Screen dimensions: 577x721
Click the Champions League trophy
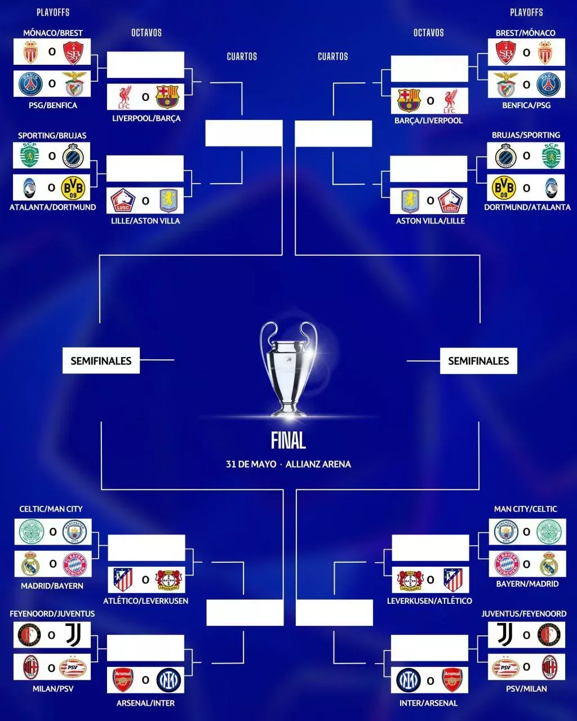click(x=288, y=368)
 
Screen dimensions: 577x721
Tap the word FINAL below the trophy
click(x=288, y=440)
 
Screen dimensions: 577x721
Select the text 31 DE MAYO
click(x=251, y=464)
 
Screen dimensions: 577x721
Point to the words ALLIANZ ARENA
click(x=318, y=464)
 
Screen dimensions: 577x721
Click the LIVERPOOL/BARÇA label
click(x=146, y=118)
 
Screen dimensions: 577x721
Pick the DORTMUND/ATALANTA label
click(x=527, y=207)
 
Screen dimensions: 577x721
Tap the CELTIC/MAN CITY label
click(x=51, y=509)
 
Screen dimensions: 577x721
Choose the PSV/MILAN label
click(x=526, y=688)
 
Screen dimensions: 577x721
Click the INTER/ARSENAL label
click(x=428, y=703)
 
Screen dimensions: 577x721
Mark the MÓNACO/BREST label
click(x=52, y=33)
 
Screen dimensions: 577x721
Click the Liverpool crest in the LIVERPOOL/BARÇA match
click(x=125, y=97)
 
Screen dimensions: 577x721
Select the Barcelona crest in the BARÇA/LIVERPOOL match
click(x=409, y=100)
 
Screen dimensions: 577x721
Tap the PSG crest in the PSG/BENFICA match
click(x=30, y=83)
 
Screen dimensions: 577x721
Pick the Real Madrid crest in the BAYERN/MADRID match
click(x=549, y=564)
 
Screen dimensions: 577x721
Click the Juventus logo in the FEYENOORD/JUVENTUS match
click(x=73, y=635)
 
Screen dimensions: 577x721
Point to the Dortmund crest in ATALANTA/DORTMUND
click(x=73, y=188)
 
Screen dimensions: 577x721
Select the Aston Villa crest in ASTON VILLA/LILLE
click(x=410, y=201)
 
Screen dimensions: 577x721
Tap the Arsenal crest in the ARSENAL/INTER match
click(x=123, y=680)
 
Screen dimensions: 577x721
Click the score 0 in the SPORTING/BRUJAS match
click(x=52, y=156)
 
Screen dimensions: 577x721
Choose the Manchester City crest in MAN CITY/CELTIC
click(x=505, y=532)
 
